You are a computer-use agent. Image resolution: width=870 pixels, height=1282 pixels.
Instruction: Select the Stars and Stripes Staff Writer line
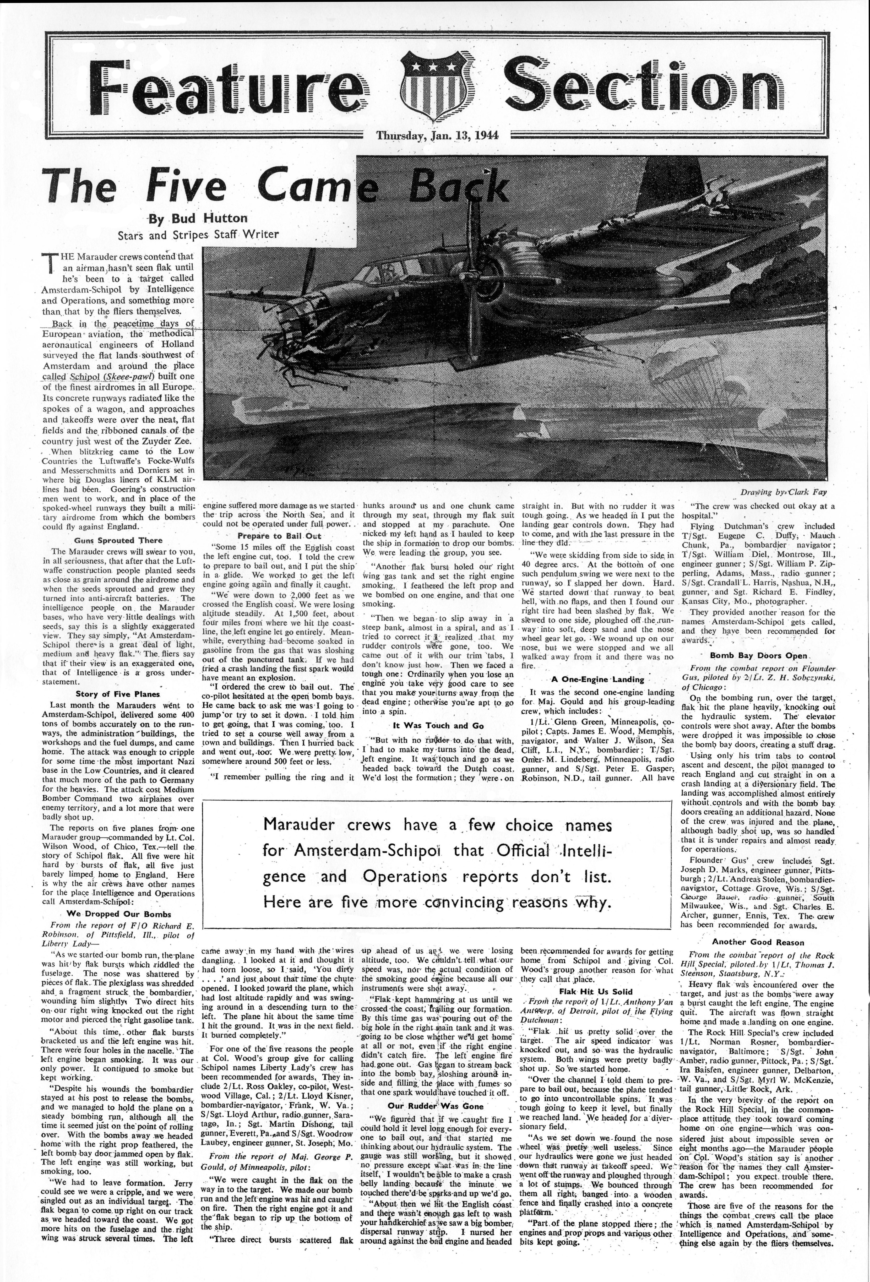tap(199, 235)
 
